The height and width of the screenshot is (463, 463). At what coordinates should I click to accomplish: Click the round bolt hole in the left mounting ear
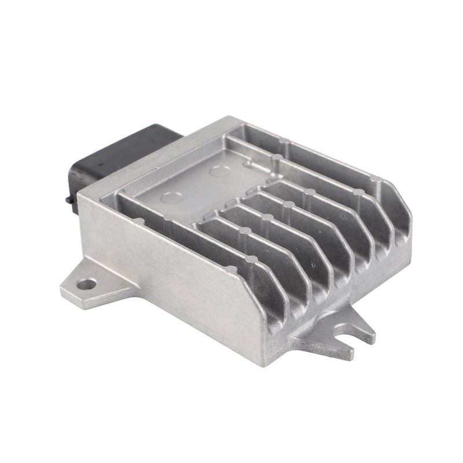87,284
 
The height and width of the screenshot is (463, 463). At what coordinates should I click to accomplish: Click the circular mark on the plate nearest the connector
219,170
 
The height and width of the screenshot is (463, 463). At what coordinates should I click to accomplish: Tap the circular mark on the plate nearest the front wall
172,197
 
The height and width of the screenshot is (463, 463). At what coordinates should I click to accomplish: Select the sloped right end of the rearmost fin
399,203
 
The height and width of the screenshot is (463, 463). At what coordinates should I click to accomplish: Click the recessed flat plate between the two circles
197,185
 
